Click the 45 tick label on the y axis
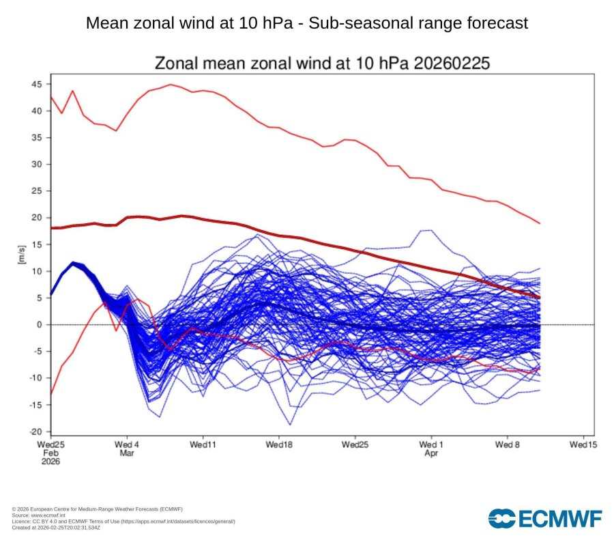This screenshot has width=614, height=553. pos(36,84)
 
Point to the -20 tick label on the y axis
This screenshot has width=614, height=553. pos(35,431)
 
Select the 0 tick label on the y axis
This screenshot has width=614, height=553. pos(39,324)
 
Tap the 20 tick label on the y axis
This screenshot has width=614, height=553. pos(36,218)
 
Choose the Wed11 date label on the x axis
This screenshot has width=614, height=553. pos(203,444)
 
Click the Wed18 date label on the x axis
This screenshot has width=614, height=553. pos(279,444)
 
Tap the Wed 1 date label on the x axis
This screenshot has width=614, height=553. pos(431,444)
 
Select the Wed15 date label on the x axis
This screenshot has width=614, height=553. pos(583,444)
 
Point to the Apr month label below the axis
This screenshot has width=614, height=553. pos(430,453)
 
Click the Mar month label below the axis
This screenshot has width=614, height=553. pos(128,453)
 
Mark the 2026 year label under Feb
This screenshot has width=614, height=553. pos(50,462)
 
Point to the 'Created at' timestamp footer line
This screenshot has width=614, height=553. pos(56,527)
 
